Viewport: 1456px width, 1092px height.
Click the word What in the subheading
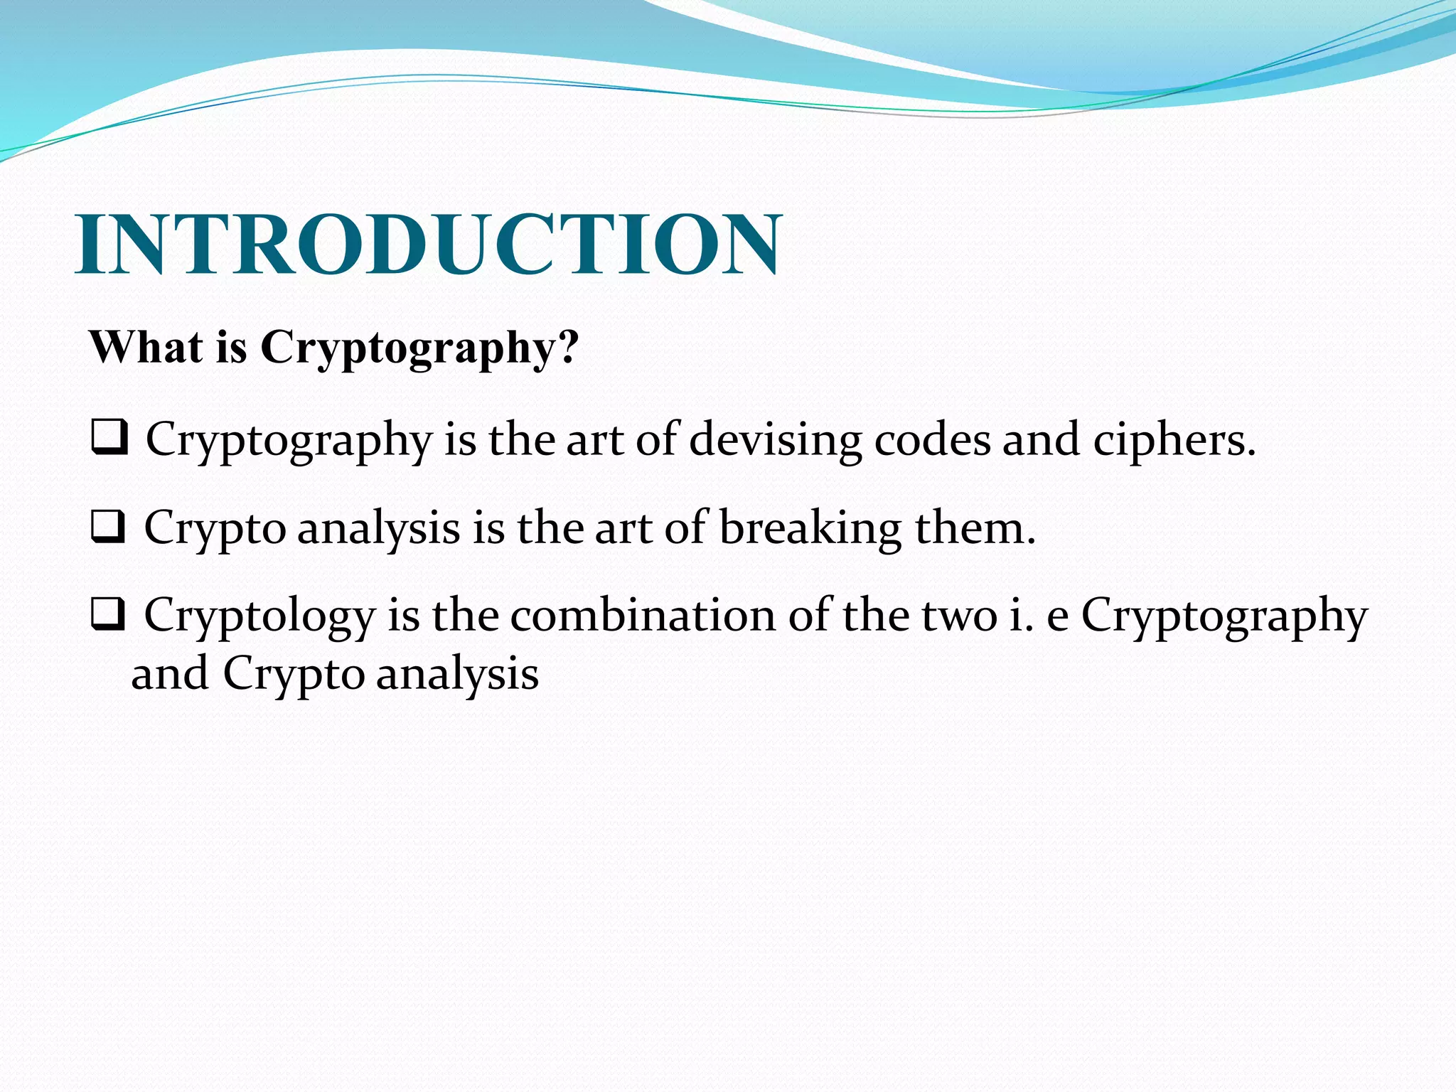tap(146, 348)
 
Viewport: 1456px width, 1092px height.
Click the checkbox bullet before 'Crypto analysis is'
tap(108, 527)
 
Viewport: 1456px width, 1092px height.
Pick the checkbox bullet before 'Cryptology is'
tap(108, 614)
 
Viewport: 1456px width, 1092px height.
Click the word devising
tap(775, 439)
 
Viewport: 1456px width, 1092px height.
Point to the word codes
tap(932, 439)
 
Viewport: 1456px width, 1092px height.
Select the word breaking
tap(810, 528)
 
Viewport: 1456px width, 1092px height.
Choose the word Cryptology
tap(259, 616)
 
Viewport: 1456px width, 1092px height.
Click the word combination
tap(642, 615)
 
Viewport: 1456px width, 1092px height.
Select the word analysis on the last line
tap(457, 674)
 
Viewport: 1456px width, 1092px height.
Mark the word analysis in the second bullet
tap(378, 529)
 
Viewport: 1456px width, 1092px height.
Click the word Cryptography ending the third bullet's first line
tap(1224, 616)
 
